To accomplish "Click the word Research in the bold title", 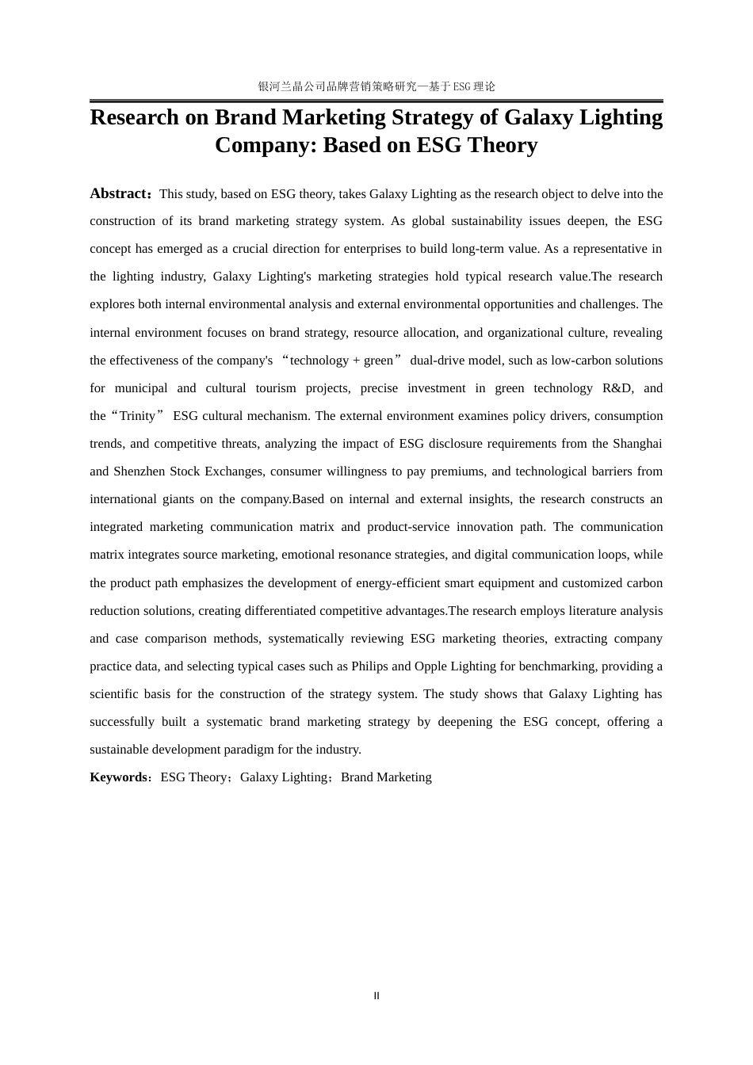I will tap(135, 117).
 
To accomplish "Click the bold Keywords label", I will tap(118, 777).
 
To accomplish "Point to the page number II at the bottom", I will tap(376, 996).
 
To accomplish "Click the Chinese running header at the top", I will tap(376, 86).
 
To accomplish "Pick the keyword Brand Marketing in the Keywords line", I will tap(386, 777).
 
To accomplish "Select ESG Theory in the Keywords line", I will tap(193, 777).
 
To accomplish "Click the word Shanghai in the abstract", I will tap(637, 444).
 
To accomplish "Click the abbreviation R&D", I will tap(617, 388).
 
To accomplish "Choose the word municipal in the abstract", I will tap(141, 388).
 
